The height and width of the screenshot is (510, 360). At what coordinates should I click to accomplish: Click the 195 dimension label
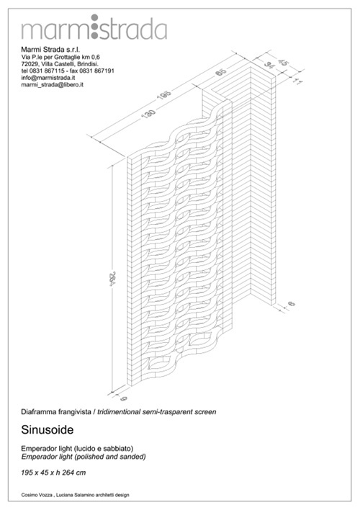click(164, 95)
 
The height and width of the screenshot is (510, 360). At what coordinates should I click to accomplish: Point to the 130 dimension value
click(148, 115)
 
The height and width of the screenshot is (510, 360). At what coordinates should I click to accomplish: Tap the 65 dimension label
click(221, 72)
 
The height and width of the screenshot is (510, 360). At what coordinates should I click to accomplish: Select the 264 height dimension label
click(112, 279)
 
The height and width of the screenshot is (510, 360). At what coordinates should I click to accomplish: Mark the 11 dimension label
click(296, 81)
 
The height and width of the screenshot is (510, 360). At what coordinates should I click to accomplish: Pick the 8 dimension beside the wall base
click(292, 304)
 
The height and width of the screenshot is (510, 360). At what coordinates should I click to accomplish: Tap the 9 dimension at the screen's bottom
click(123, 398)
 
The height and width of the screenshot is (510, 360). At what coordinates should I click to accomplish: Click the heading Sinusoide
click(48, 429)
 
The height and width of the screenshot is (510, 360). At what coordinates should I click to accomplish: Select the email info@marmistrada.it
click(48, 78)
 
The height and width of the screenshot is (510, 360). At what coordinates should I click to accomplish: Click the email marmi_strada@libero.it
click(53, 84)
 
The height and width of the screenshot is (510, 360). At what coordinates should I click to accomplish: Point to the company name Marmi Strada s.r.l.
click(50, 50)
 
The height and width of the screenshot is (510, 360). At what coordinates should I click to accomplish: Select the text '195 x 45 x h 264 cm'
click(53, 473)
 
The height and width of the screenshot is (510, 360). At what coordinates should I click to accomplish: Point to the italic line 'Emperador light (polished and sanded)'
click(84, 457)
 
